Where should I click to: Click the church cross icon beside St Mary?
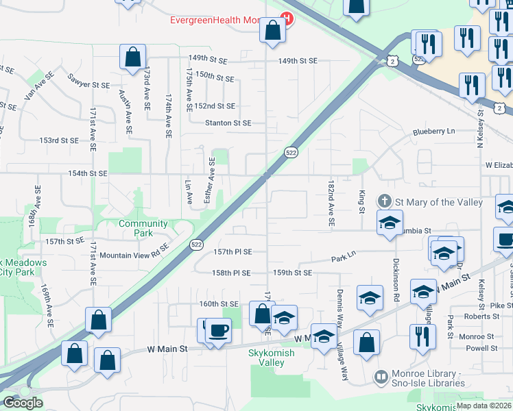385,201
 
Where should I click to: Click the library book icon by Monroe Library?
381,377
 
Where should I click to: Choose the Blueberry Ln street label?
433,132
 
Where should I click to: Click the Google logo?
22,403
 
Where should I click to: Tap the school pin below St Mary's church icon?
389,223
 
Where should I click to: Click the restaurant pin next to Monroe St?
422,337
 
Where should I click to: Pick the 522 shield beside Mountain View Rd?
196,243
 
